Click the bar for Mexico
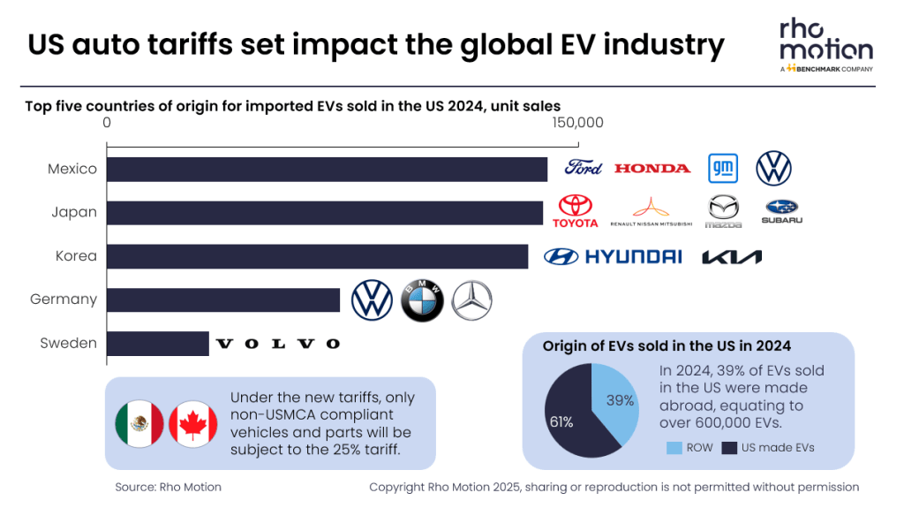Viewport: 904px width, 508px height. pyautogui.click(x=327, y=169)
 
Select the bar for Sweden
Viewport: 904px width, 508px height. pyautogui.click(x=158, y=344)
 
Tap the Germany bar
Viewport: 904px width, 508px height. pyautogui.click(x=223, y=299)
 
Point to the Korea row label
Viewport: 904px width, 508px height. pyautogui.click(x=75, y=256)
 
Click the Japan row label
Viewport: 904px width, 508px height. pyautogui.click(x=74, y=213)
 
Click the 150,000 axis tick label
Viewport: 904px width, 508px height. pyautogui.click(x=578, y=123)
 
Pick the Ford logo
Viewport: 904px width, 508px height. pyautogui.click(x=584, y=168)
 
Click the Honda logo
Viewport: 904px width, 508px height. pyautogui.click(x=652, y=168)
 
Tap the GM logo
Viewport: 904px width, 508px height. pyautogui.click(x=723, y=168)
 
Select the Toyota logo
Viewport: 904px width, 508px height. pyautogui.click(x=576, y=211)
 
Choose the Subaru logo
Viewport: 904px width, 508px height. pyautogui.click(x=781, y=211)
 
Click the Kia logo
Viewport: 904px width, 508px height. pyautogui.click(x=732, y=257)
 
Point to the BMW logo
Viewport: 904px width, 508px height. pyautogui.click(x=422, y=300)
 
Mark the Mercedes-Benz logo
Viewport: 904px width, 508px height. pyautogui.click(x=471, y=300)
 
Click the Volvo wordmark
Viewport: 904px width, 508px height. pyautogui.click(x=278, y=344)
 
